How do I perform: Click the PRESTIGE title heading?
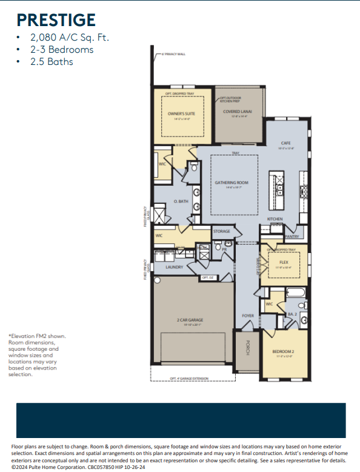pos(56,21)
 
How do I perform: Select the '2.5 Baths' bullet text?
pos(52,61)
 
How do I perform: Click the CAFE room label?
pos(286,144)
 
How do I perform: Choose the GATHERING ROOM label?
pos(229,182)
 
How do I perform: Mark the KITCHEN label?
pos(275,218)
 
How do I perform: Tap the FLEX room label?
pos(284,262)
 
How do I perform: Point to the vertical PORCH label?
pos(247,348)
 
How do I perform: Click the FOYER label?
pos(248,316)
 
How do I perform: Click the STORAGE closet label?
pos(221,231)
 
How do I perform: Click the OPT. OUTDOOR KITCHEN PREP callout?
pos(231,99)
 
